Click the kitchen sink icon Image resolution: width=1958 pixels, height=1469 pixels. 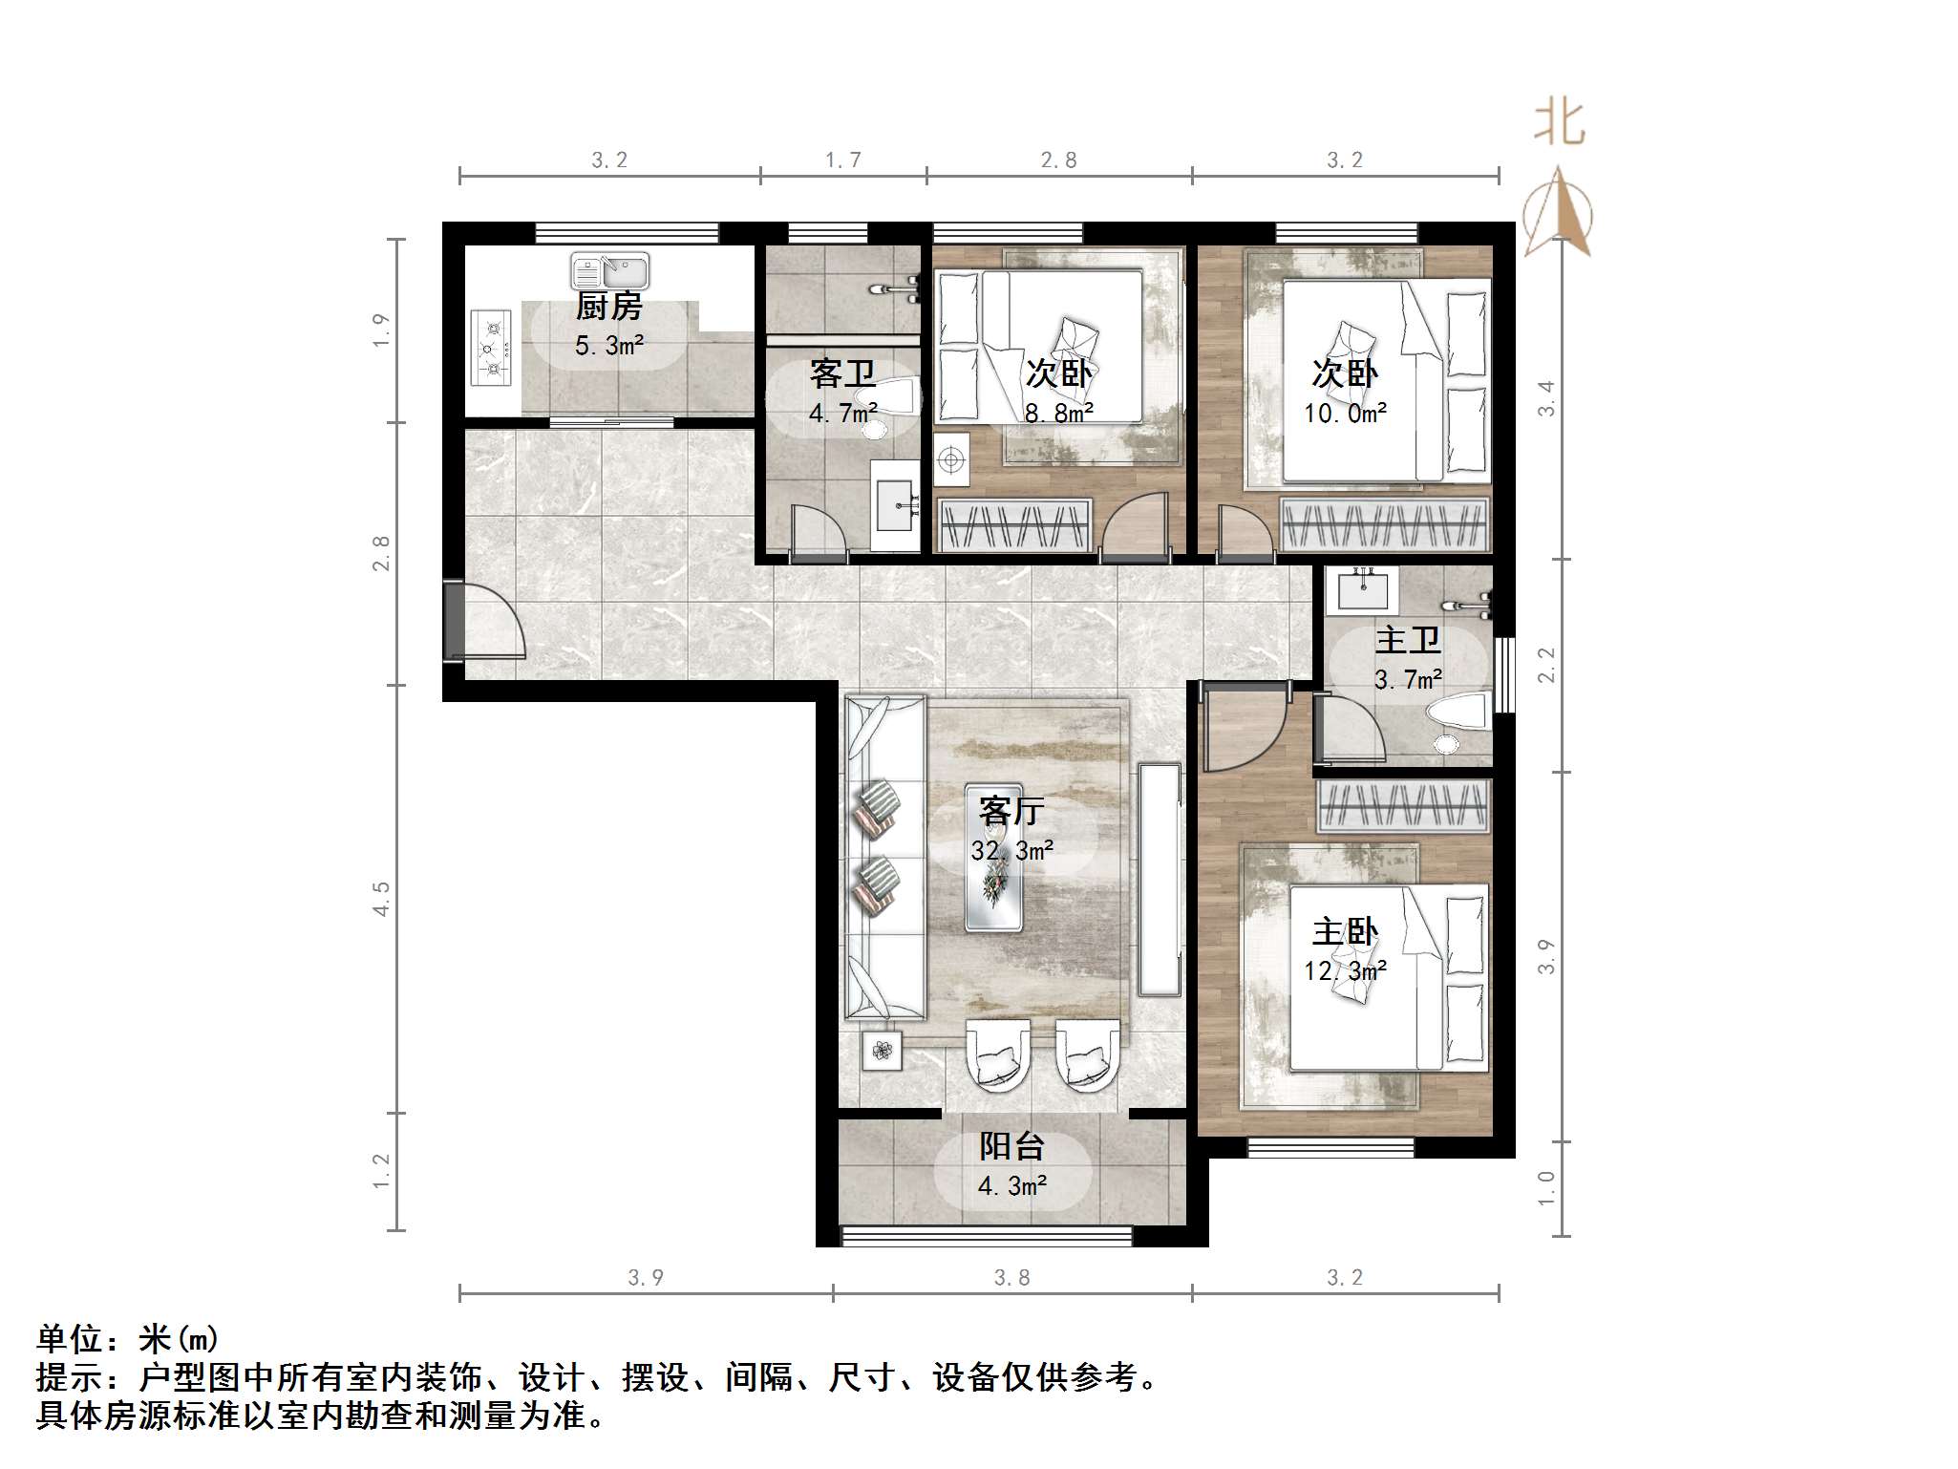[609, 271]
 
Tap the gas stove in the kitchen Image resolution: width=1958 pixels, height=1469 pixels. [492, 348]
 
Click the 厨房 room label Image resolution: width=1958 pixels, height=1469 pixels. [608, 307]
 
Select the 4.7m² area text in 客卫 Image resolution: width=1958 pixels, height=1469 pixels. [842, 414]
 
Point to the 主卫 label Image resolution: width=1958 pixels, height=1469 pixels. [1407, 640]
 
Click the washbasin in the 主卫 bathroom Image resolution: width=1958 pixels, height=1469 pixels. [1363, 588]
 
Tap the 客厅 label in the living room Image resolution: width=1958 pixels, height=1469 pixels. [1011, 811]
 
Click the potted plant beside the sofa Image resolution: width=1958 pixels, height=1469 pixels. [881, 1051]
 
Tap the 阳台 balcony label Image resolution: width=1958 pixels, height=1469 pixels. [1011, 1146]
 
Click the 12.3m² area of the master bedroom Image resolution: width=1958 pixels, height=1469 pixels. [1345, 971]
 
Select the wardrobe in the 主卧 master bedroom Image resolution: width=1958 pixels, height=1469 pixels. [1403, 804]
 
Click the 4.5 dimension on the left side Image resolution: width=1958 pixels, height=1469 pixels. [381, 899]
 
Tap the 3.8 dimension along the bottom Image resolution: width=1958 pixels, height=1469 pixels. [1011, 1277]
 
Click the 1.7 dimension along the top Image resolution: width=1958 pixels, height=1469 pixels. [842, 160]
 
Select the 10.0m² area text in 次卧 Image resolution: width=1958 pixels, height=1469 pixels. [1345, 414]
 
